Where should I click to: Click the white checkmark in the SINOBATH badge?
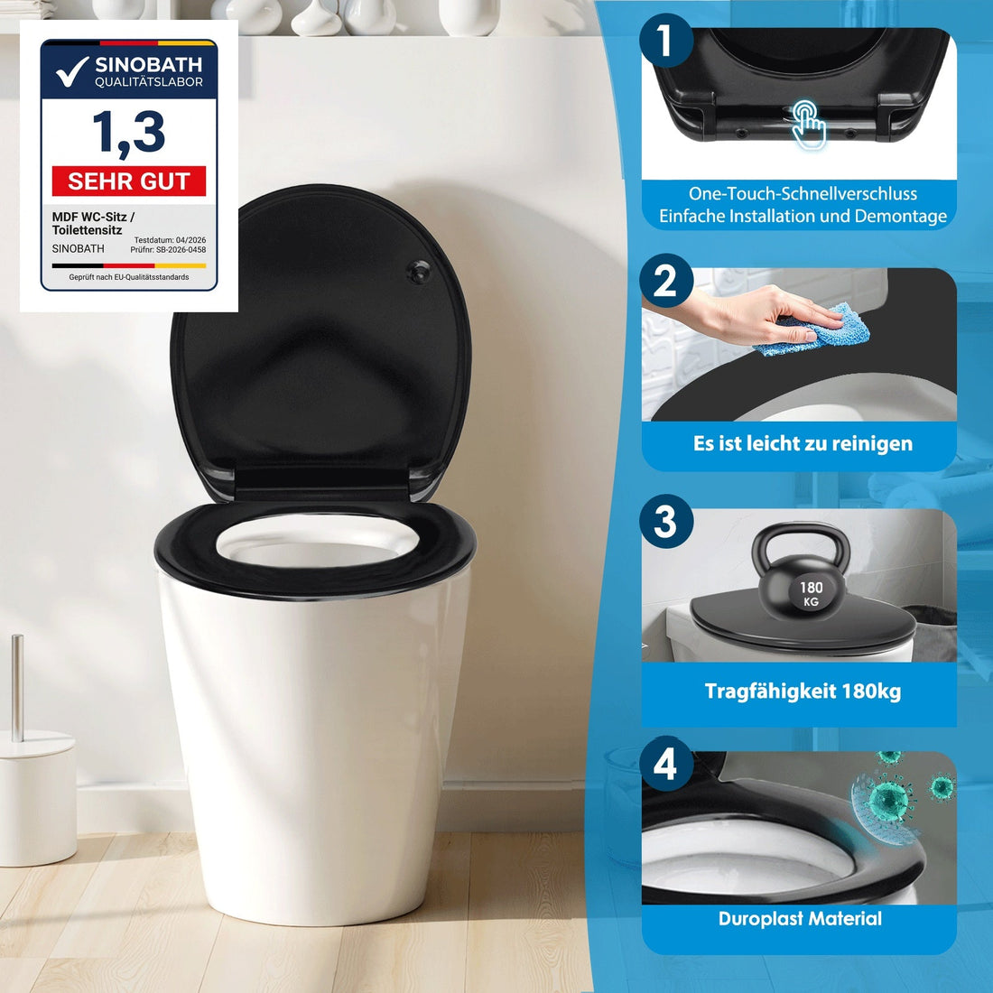(71, 71)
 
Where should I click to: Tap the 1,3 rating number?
(128, 133)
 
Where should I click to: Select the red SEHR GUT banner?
(128, 181)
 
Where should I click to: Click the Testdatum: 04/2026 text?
(170, 240)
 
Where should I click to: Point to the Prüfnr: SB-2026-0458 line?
(168, 249)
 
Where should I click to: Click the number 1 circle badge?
(665, 40)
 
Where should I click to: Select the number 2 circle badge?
(665, 281)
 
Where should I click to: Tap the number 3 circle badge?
(665, 521)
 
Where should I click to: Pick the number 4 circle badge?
(665, 763)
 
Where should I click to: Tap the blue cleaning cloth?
(813, 329)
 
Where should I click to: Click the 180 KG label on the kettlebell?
(811, 594)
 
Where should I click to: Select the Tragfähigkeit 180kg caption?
(803, 691)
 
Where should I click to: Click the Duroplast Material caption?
(800, 918)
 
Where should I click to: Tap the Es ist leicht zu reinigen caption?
(803, 443)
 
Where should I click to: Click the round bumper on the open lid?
(418, 271)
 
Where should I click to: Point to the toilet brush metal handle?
(18, 688)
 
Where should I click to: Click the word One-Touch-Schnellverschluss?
(803, 194)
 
